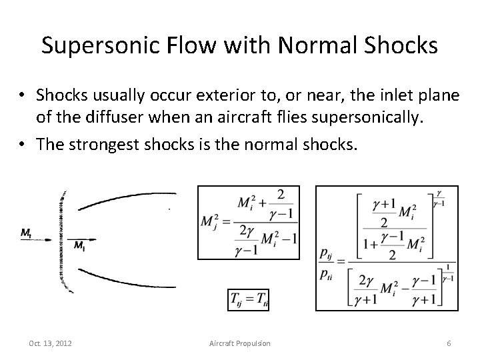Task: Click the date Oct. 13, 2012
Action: coord(51,343)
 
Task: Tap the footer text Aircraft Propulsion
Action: coord(240,343)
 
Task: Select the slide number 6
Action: coord(449,343)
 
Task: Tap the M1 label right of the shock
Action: coord(79,247)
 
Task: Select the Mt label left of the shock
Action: coord(26,233)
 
